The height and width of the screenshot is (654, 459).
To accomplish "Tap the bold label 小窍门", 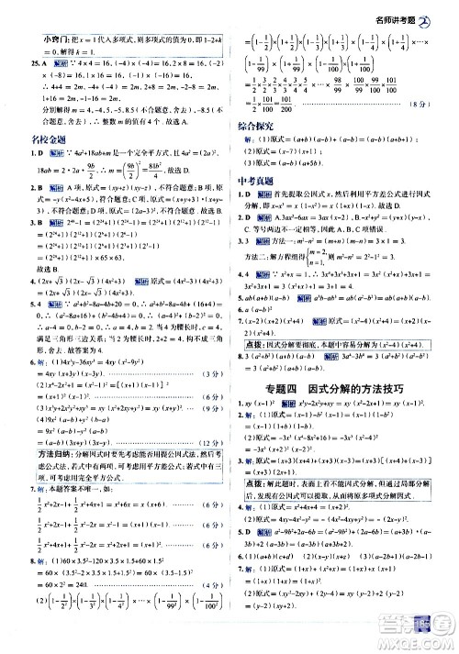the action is pyautogui.click(x=43, y=38).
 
